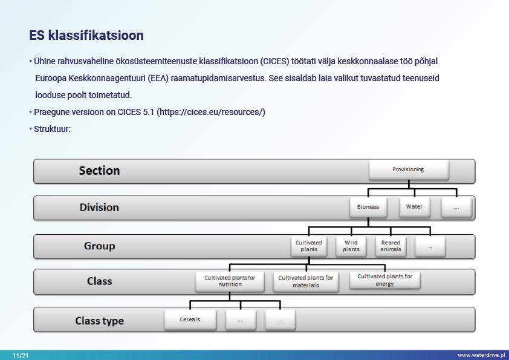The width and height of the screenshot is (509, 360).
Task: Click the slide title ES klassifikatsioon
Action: pos(86,36)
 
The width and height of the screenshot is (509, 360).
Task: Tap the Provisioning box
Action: pos(409,169)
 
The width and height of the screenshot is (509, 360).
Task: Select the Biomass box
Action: pos(368,207)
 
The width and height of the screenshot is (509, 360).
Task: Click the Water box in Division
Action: pos(414,207)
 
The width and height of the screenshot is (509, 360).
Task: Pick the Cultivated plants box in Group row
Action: pos(309,246)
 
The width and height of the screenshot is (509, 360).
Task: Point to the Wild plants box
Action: pos(351,246)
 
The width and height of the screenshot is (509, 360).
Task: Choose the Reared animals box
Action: pos(391,246)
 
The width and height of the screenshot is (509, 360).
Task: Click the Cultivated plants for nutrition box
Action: pos(230,281)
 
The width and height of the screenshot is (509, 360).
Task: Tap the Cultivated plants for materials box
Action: pos(306,282)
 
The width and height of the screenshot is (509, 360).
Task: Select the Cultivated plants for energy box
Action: pos(384,280)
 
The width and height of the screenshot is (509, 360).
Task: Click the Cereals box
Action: pos(190,319)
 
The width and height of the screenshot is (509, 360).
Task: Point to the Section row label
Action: pos(99,171)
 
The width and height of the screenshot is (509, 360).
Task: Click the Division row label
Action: pos(99,208)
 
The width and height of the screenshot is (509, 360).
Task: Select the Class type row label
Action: pos(99,321)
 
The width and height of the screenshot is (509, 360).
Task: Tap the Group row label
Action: pos(99,246)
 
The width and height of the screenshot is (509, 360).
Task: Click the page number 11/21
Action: pos(21,355)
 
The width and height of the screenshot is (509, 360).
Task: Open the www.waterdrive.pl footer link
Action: pos(481,355)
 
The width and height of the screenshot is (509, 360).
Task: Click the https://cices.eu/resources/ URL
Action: pos(211,112)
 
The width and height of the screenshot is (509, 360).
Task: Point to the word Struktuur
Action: pos(52,129)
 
